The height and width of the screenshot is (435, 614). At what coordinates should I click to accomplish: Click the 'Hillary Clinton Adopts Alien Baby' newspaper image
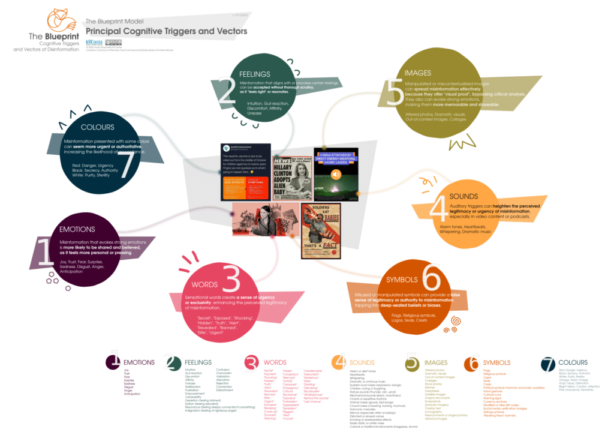point(291,178)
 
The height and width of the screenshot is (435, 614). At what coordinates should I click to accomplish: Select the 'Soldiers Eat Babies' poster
point(321,230)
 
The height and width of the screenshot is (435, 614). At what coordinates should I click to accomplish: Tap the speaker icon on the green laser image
point(336,174)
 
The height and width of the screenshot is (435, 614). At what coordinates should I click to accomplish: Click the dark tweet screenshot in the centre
point(245,172)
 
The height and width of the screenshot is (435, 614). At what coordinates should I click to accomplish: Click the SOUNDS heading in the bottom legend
point(362,362)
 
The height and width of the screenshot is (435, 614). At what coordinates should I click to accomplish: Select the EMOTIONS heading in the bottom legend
point(139,362)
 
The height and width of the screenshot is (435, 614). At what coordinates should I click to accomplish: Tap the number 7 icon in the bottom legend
point(548,363)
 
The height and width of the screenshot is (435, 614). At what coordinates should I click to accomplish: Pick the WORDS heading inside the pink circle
point(204,284)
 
